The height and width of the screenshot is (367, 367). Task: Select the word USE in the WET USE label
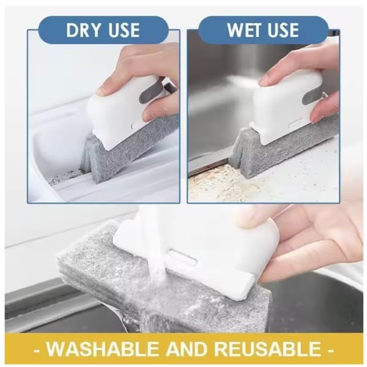point(283,31)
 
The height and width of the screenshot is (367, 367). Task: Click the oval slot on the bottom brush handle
point(182,257)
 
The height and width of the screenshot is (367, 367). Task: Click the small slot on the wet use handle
point(296,124)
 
